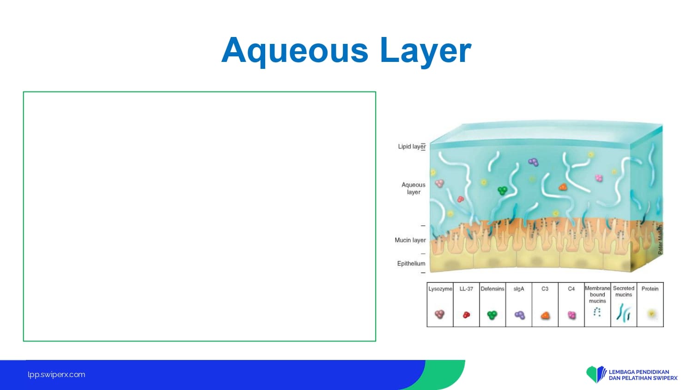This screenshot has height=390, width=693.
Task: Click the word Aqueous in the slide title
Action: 295,51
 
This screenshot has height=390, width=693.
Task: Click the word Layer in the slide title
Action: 426,51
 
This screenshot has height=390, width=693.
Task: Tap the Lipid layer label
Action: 412,146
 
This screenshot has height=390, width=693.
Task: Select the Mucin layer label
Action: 410,240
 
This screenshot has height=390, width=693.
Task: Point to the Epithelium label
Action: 411,263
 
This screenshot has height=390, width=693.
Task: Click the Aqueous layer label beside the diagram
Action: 413,188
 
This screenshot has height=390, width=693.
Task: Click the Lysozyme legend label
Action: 440,289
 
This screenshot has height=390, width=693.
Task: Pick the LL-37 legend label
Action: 466,289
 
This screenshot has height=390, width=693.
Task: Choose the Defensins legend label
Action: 492,289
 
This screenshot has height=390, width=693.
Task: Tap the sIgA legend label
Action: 519,289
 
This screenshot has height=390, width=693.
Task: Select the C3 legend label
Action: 545,289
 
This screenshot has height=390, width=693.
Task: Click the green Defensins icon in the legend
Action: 492,315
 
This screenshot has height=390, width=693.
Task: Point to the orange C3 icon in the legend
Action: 545,316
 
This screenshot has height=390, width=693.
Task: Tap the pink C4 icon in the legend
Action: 572,315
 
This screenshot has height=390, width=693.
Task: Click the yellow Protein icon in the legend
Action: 651,314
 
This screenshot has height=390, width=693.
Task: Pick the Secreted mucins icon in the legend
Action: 623,312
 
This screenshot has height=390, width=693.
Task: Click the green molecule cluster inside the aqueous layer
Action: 503,190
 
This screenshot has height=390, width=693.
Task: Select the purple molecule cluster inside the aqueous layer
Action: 533,162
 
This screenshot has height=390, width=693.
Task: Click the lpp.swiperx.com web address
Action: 56,375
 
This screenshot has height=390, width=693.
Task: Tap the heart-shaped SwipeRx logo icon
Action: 596,374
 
